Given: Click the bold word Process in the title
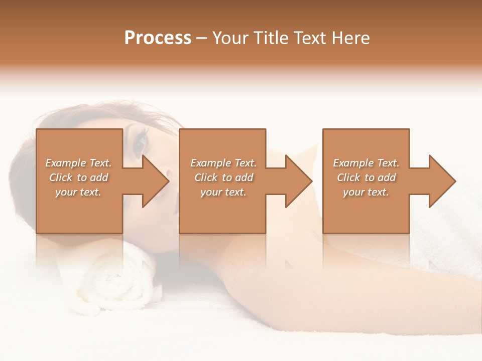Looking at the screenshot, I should coord(158,38).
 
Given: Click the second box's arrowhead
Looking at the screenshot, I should coord(298,181).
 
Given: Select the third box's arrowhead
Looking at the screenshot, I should coord(442,181).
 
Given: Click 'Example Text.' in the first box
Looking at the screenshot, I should coord(78,163).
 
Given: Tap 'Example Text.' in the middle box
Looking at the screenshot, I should coord(223,163).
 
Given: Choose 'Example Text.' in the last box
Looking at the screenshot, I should coord(366,163).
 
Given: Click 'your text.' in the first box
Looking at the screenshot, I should coord(78,192).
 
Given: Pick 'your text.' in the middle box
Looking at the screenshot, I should coord(223,192).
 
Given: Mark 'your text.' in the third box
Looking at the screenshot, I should coord(366,192).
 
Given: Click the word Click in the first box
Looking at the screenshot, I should coord(61,177).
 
